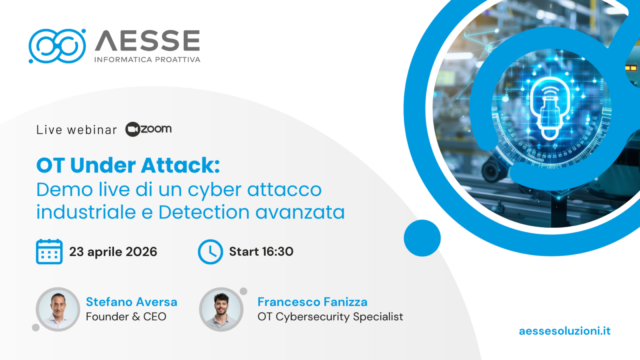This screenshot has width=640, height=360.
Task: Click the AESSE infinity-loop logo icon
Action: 57,46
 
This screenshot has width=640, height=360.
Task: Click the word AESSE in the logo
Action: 147,41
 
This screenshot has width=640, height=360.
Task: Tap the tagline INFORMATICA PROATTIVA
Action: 147,60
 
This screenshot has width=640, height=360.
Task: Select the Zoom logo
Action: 148,129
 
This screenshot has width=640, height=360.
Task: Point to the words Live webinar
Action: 76,130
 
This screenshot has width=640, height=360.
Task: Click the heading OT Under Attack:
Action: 128,165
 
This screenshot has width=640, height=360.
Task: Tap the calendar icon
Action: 49,252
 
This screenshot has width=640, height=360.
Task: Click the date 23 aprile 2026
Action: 113,252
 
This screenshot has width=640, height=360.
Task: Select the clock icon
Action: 210,252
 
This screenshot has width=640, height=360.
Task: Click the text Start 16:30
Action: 261,252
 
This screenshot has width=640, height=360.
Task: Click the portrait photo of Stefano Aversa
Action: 58,309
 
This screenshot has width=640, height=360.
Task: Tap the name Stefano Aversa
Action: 132,302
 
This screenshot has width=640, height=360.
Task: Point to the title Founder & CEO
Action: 126,317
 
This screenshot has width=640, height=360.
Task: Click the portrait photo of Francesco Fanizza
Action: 221,309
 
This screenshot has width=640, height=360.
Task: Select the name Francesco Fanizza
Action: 312,302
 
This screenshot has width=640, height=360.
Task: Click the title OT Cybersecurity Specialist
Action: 330,317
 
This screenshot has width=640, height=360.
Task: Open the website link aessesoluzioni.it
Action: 564,331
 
